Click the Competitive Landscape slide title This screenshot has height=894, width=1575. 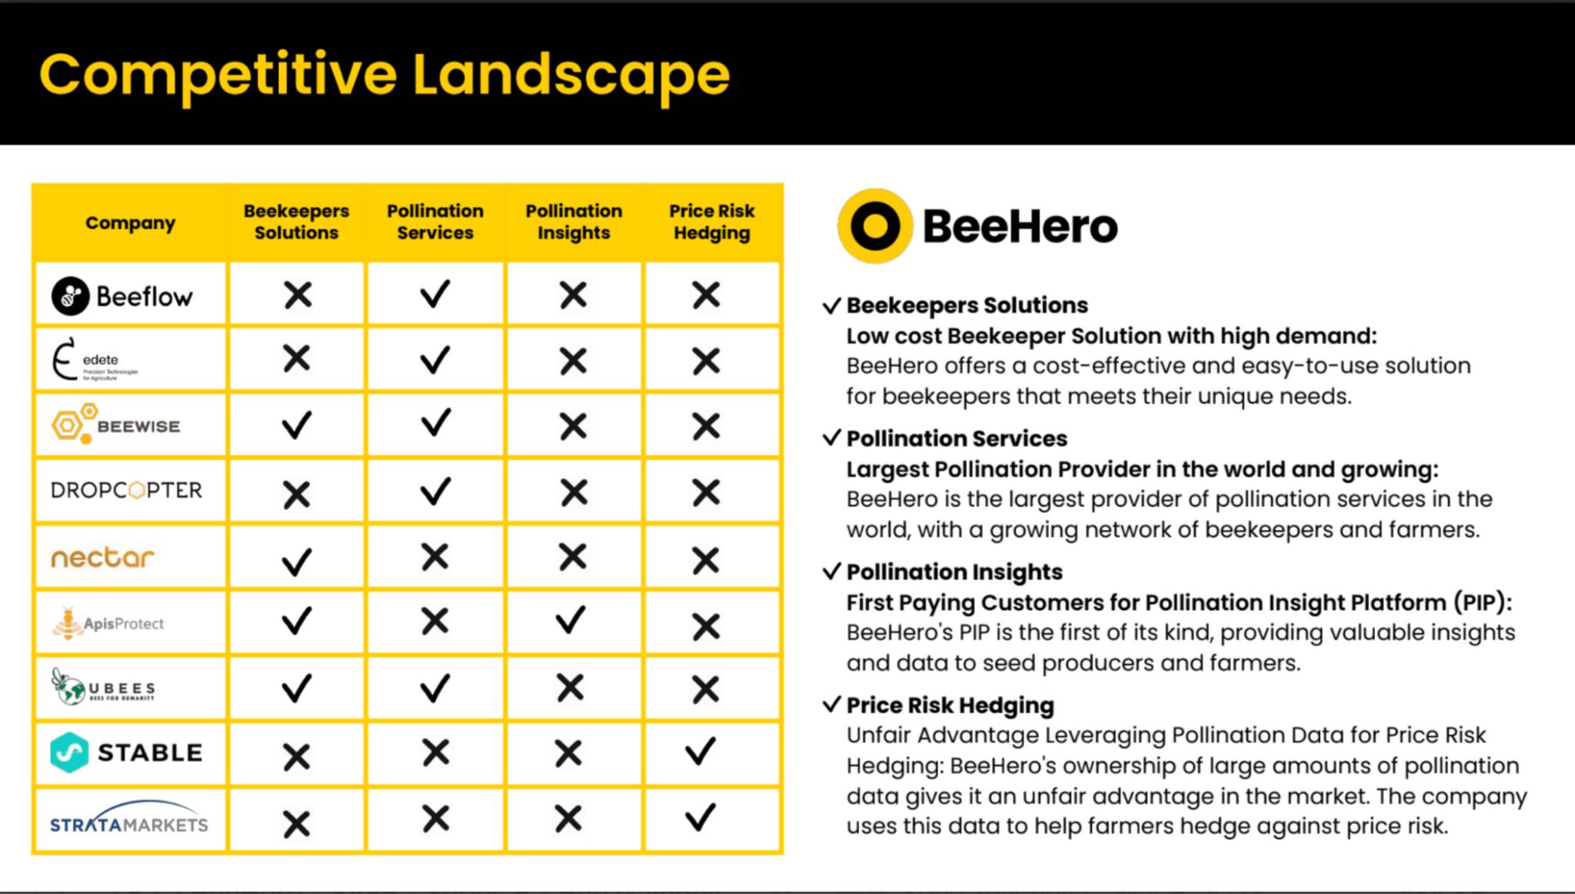click(384, 75)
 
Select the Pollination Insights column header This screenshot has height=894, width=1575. click(574, 222)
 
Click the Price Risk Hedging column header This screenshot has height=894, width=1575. click(712, 222)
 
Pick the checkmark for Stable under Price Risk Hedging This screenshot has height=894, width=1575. click(700, 752)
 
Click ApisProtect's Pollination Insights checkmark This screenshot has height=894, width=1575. click(571, 620)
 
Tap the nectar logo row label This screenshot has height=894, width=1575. click(102, 557)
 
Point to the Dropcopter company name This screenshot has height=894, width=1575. click(126, 490)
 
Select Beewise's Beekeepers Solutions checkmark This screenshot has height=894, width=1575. click(297, 425)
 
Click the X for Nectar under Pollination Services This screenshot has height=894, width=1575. click(435, 557)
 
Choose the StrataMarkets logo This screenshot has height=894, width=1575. click(129, 818)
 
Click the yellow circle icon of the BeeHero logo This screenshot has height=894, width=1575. click(875, 226)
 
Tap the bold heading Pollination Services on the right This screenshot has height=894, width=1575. click(957, 438)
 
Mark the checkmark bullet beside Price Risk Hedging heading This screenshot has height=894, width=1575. click(832, 704)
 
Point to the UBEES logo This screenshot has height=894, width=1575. click(103, 686)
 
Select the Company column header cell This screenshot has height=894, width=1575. click(130, 223)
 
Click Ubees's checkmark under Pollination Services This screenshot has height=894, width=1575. click(435, 688)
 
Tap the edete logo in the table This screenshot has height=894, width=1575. click(95, 359)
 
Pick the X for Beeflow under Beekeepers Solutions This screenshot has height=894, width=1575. click(298, 295)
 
